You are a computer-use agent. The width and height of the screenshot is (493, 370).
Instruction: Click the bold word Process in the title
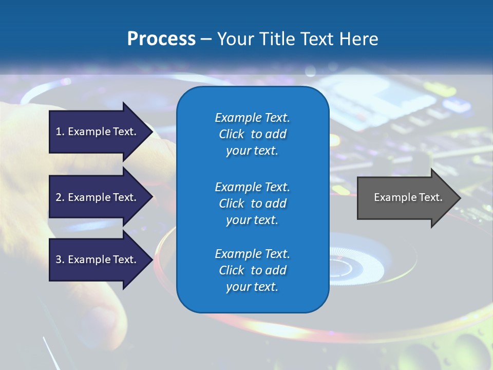click(161, 39)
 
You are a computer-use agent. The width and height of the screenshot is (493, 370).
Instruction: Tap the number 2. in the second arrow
click(60, 197)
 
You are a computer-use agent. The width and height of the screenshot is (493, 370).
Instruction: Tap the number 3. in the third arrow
click(60, 260)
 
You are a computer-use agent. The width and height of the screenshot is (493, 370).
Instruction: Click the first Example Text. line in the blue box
click(252, 118)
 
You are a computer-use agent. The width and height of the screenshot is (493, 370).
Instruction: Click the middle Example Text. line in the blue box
click(252, 187)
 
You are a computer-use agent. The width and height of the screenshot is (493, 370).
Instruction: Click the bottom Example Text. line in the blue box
click(252, 254)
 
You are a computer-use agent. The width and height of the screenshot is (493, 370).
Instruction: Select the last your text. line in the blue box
click(252, 287)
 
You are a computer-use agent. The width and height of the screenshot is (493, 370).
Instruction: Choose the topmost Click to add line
click(252, 134)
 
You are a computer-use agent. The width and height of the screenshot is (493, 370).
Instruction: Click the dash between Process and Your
click(206, 39)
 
